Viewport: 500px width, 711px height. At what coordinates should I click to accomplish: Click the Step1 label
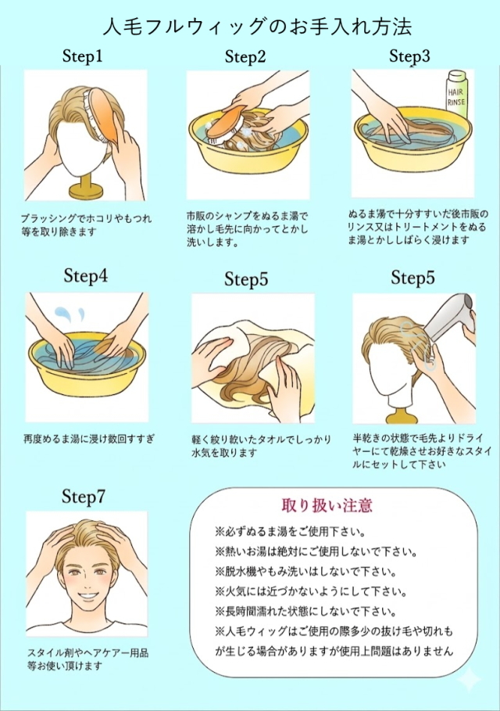[x=82, y=56]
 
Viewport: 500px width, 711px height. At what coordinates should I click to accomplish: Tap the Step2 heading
[x=245, y=56]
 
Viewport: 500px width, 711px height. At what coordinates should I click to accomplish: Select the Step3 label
[x=409, y=56]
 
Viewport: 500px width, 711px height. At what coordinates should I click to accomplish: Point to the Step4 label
[x=86, y=275]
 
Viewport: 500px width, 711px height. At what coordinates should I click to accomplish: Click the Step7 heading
[x=84, y=497]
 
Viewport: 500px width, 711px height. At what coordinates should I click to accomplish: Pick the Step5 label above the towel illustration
[x=246, y=279]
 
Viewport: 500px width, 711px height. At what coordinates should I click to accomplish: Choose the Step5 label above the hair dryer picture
[x=412, y=278]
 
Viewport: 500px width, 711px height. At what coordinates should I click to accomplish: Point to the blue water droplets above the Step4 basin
[x=70, y=314]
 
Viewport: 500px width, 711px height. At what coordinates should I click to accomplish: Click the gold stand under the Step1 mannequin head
[x=87, y=187]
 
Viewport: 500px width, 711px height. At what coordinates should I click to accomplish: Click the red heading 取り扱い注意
[x=327, y=505]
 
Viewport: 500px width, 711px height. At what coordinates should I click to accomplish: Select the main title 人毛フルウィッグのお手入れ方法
[x=257, y=27]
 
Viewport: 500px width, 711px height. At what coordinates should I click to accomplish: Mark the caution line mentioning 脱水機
[x=306, y=573]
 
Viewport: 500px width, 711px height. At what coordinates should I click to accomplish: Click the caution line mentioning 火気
[x=311, y=592]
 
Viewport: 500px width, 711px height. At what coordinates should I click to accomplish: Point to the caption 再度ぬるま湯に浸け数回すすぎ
[x=89, y=439]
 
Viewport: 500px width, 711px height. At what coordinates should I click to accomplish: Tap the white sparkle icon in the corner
[x=470, y=680]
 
